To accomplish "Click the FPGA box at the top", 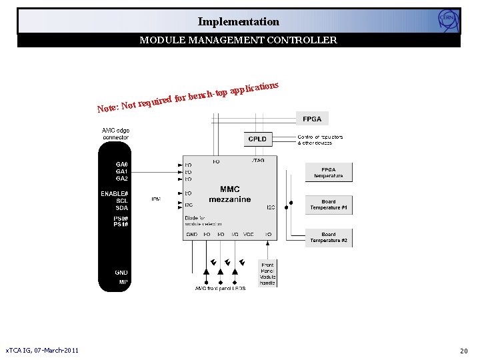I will [x=312, y=119].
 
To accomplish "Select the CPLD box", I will [x=257, y=139].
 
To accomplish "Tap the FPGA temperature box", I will [x=329, y=173].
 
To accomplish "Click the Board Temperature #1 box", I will [x=329, y=205].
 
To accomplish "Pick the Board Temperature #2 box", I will [x=329, y=237].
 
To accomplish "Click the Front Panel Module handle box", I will [x=267, y=274].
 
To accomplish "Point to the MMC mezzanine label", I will [x=229, y=194].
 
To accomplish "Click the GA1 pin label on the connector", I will [x=122, y=171].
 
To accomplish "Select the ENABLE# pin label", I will [x=115, y=193].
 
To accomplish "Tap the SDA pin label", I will [x=122, y=208].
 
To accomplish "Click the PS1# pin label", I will [x=121, y=224].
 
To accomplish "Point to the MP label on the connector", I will [x=123, y=282].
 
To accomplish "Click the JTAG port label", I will [x=258, y=161].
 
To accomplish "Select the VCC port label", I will [x=249, y=235].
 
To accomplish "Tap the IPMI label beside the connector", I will [x=155, y=199].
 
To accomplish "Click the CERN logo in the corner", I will [x=447, y=20].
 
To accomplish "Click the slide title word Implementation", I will [x=238, y=21].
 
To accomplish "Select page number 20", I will [x=464, y=351].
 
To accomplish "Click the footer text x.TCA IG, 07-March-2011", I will [x=42, y=351].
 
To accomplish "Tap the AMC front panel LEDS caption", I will [x=220, y=289].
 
